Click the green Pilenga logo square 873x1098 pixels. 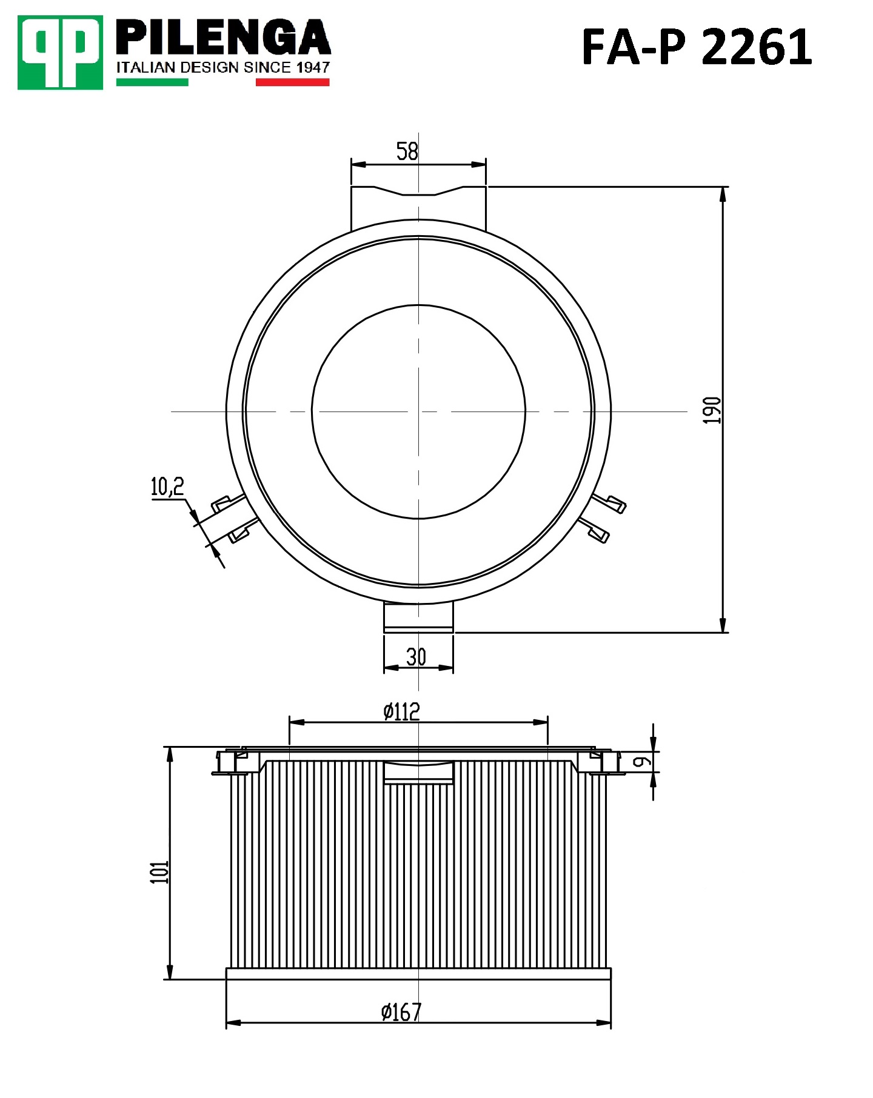pyautogui.click(x=60, y=53)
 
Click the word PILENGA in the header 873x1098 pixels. pyautogui.click(x=222, y=38)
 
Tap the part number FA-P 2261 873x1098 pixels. pyautogui.click(x=696, y=47)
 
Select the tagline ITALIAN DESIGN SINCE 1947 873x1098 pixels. pyautogui.click(x=222, y=67)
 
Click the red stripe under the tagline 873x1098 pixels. pyautogui.click(x=292, y=82)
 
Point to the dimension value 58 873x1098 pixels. pyautogui.click(x=407, y=151)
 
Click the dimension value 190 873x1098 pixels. pyautogui.click(x=712, y=410)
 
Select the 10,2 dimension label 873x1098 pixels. pyautogui.click(x=167, y=486)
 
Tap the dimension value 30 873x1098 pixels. pyautogui.click(x=416, y=657)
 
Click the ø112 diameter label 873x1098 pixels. pyautogui.click(x=401, y=711)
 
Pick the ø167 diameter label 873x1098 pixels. pyautogui.click(x=401, y=1011)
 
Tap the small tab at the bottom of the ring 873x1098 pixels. pyautogui.click(x=418, y=618)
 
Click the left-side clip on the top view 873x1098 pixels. pyautogui.click(x=233, y=518)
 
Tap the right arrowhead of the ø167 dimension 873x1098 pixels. pyautogui.click(x=604, y=1023)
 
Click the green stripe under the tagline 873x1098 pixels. pyautogui.click(x=152, y=82)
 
